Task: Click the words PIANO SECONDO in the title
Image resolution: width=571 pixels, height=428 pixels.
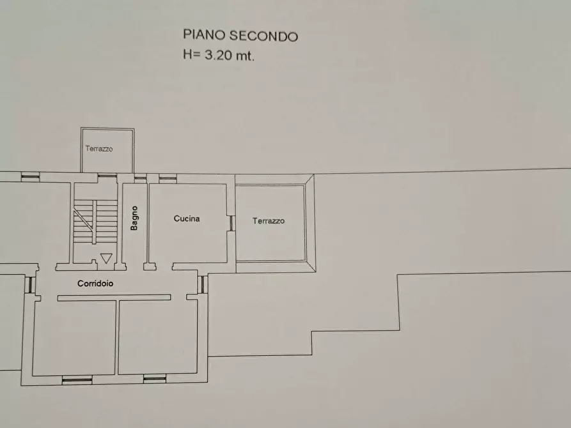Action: coord(240,36)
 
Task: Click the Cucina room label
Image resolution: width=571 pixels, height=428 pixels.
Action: coord(187,218)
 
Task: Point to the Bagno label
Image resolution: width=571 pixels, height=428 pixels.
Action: coord(134,217)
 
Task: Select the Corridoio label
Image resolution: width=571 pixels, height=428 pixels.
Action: coord(96,284)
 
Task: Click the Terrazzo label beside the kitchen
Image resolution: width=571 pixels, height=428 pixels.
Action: coord(269,221)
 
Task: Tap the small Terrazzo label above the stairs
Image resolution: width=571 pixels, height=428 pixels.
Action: coord(99,149)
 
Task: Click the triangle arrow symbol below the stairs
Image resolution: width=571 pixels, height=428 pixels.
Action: coord(106,258)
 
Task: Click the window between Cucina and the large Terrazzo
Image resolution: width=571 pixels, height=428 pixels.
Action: coord(231,222)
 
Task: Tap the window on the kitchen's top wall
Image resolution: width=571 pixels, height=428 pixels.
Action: coord(168,178)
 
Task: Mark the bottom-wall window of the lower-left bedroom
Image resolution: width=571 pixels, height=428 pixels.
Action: coord(77,379)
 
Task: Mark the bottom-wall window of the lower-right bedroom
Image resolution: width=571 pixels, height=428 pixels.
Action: coord(155,379)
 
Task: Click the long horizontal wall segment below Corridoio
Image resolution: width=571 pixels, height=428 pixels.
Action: coord(114,297)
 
